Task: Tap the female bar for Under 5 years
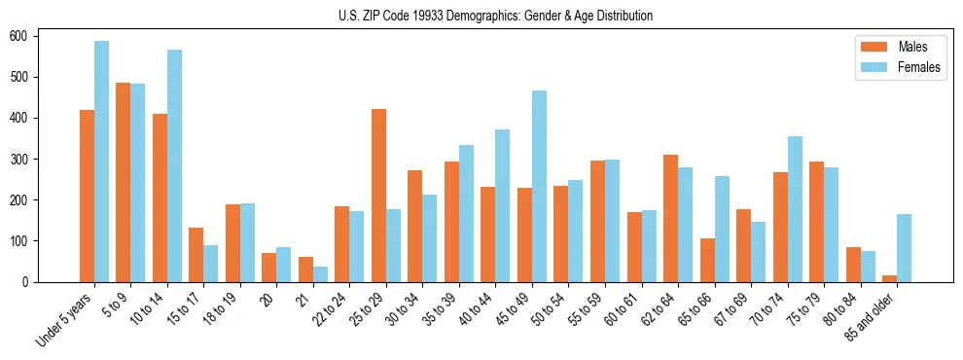click(x=101, y=162)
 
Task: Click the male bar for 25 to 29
click(x=378, y=196)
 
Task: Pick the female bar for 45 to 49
click(x=539, y=186)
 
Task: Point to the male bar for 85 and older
click(x=889, y=278)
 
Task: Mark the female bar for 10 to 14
click(x=174, y=165)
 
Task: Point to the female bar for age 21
click(x=320, y=274)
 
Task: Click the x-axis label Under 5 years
click(x=65, y=322)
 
